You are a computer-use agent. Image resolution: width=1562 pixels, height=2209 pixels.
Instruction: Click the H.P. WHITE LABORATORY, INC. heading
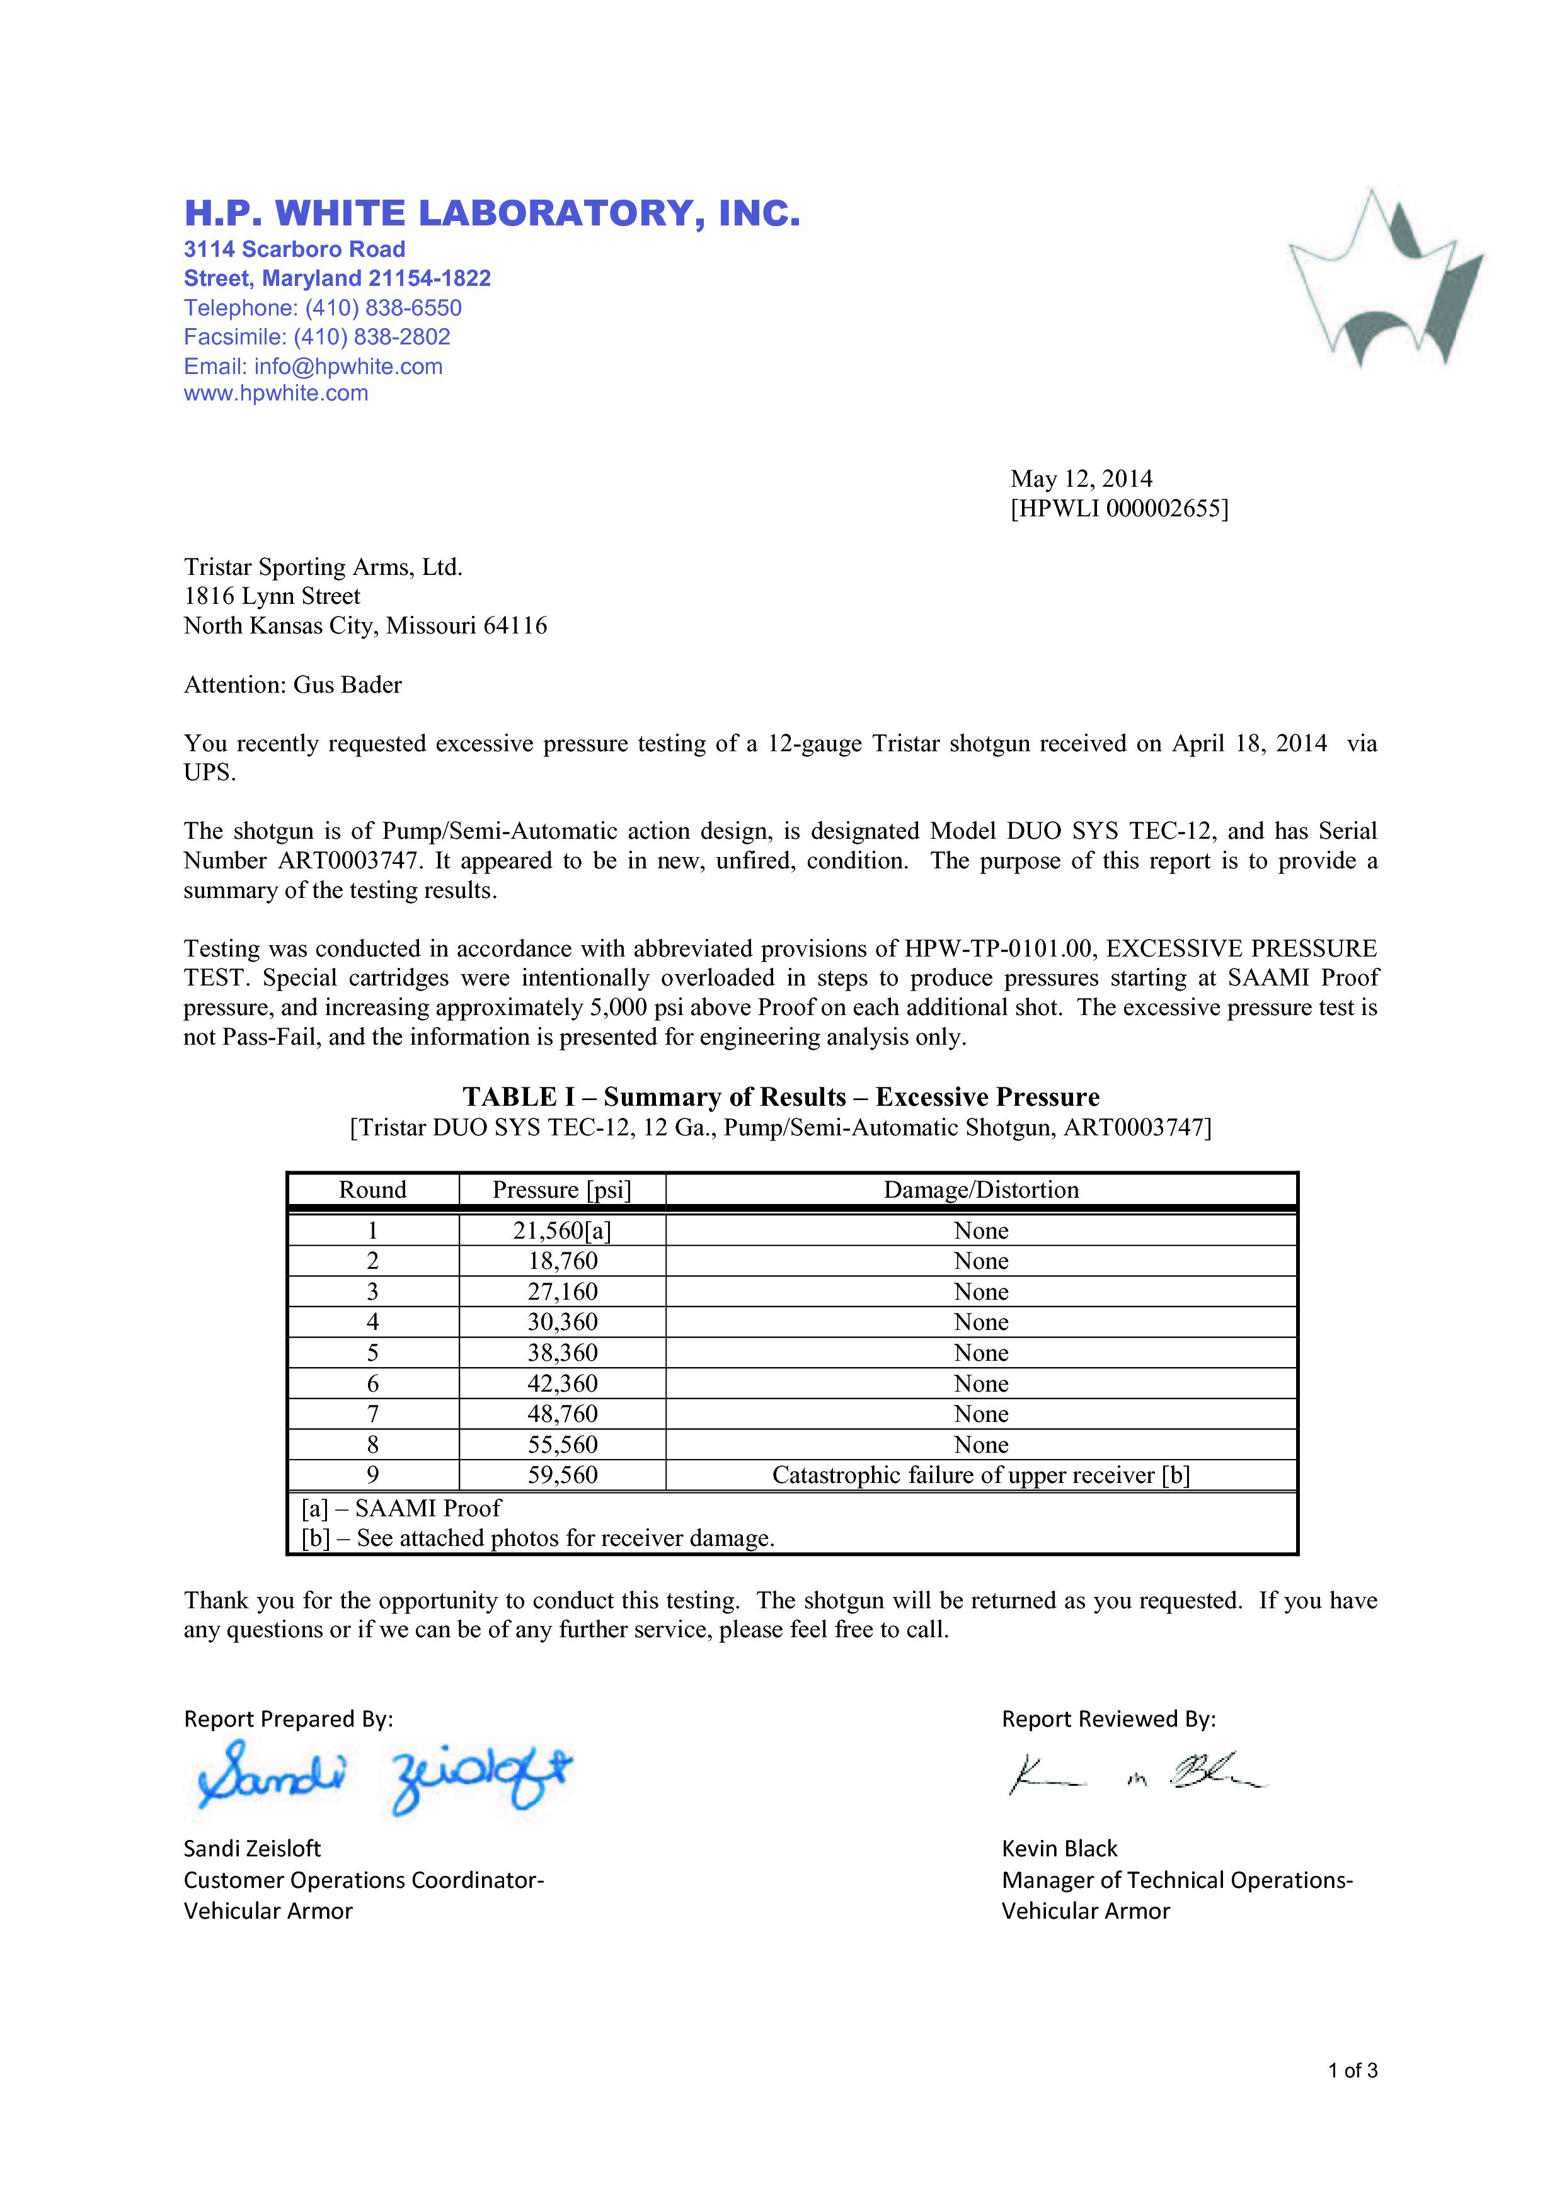(492, 213)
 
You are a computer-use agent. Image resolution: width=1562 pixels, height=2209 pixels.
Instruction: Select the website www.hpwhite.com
(276, 394)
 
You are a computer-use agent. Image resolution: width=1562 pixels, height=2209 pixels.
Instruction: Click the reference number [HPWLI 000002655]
(1119, 508)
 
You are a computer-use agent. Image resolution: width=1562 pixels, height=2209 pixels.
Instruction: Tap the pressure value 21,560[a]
(562, 1230)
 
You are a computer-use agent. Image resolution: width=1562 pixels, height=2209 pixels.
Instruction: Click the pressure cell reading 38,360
(562, 1353)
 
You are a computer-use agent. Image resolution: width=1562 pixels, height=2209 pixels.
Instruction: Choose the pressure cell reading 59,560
(562, 1475)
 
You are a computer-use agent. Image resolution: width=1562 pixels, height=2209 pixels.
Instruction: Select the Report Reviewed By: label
(1109, 1718)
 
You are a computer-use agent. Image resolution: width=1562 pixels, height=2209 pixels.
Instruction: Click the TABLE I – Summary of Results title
(781, 1097)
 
